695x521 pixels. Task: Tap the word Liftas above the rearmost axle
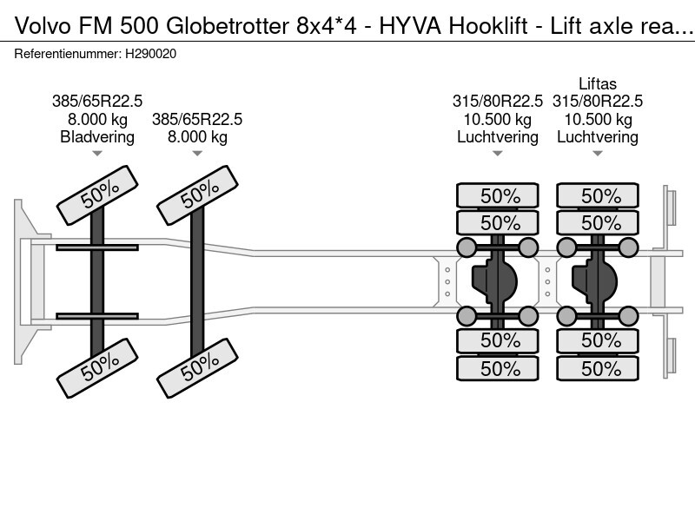598,84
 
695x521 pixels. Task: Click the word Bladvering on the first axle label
97,136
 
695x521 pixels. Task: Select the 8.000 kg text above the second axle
197,136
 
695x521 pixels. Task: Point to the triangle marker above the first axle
97,154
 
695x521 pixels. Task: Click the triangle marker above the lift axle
598,154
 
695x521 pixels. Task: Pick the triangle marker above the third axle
498,154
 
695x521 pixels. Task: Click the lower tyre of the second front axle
197,370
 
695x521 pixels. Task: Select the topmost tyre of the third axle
498,196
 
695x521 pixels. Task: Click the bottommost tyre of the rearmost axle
598,368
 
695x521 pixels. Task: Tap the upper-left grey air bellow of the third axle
467,247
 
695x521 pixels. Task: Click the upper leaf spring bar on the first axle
97,248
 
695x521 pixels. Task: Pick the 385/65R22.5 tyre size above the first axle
97,102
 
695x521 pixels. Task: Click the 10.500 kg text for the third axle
498,119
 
